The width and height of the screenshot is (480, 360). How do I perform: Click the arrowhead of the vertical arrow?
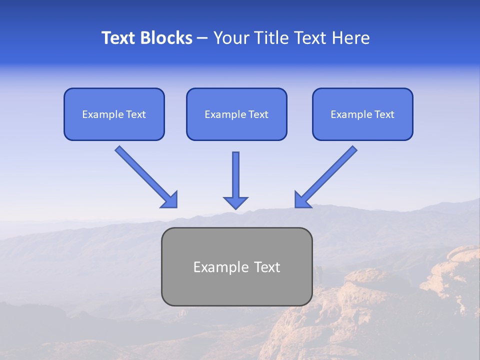pyautogui.click(x=235, y=202)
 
